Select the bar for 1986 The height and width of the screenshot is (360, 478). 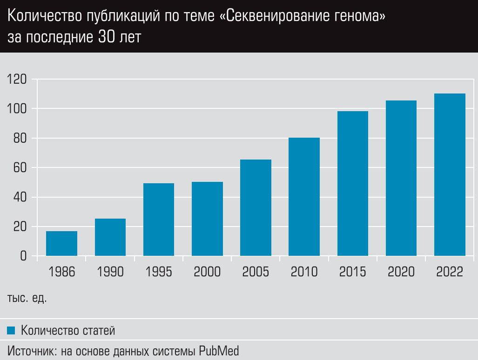[61, 243]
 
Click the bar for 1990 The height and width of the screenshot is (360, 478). [110, 237]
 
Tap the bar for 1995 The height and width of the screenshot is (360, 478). [159, 220]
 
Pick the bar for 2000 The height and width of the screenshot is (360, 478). [207, 219]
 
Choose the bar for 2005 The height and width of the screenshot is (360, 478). [256, 208]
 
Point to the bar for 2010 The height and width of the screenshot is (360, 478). [304, 197]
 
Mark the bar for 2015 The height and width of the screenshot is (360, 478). [353, 183]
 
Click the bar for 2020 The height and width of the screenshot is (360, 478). [401, 178]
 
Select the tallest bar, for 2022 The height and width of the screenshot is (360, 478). [450, 174]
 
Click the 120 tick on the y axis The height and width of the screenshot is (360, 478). [17, 80]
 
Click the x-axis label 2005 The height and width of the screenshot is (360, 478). [256, 272]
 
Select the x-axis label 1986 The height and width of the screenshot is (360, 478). [61, 272]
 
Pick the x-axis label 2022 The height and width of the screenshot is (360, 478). [450, 272]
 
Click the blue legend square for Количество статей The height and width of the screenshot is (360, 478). [12, 331]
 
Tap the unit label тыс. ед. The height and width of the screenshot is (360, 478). [27, 298]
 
